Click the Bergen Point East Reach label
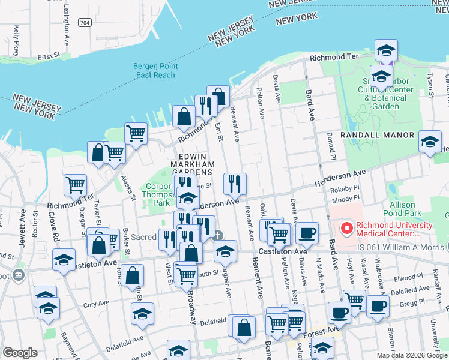click(155, 71)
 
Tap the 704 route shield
click(86, 23)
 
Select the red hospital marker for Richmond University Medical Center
click(346, 229)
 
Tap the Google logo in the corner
click(20, 353)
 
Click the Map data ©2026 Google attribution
click(412, 355)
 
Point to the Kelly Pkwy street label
click(17, 36)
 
